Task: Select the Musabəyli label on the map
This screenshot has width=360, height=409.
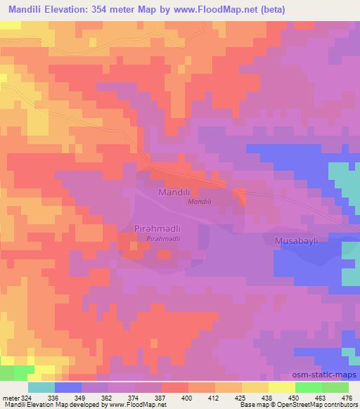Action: tap(295, 241)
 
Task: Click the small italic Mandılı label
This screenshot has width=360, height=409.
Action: tap(200, 202)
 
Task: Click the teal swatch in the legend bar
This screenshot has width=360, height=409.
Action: tap(41, 387)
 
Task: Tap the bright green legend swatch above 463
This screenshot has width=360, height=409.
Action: tap(309, 387)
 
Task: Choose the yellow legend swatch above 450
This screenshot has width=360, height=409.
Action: tap(282, 387)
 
